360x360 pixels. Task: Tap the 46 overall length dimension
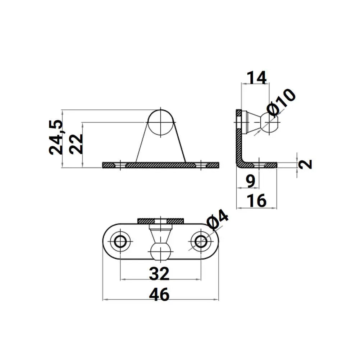(160, 295)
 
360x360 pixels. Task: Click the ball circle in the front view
(161, 122)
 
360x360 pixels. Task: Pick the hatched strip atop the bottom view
(161, 220)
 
